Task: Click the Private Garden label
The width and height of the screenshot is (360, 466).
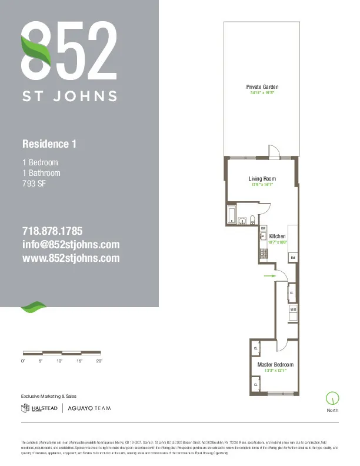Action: click(262, 87)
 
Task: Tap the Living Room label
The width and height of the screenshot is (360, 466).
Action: click(262, 179)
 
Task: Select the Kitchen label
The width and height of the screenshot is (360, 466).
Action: click(277, 236)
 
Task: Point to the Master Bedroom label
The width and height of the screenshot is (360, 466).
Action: click(275, 365)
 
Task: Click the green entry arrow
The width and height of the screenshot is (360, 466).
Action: click(269, 275)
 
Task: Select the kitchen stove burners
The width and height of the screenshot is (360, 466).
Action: click(264, 254)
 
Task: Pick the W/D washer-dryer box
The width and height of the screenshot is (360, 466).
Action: click(292, 309)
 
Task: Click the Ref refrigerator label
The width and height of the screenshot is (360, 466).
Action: click(292, 258)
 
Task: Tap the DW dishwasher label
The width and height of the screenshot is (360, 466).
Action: click(263, 228)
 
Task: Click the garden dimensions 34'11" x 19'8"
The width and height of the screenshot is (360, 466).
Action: click(262, 93)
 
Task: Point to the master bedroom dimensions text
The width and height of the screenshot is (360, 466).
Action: click(275, 371)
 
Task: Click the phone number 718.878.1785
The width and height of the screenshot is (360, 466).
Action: click(52, 231)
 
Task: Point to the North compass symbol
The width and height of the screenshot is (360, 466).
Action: click(332, 398)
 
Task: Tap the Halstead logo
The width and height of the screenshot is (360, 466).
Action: click(40, 408)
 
